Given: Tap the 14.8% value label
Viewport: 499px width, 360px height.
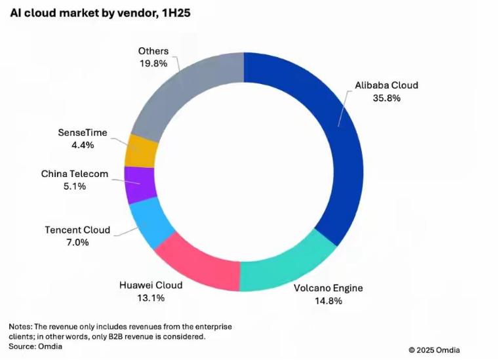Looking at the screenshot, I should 329,301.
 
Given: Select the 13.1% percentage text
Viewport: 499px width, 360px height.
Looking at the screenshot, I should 150,298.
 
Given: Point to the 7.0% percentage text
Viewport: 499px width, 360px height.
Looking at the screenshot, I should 77,243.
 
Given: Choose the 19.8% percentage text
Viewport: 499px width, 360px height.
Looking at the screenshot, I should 153,64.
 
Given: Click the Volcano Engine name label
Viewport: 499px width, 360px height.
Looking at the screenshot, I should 329,288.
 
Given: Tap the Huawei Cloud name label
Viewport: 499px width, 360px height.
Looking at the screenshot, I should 150,285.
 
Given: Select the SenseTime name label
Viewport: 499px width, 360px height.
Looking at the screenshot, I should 83,133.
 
